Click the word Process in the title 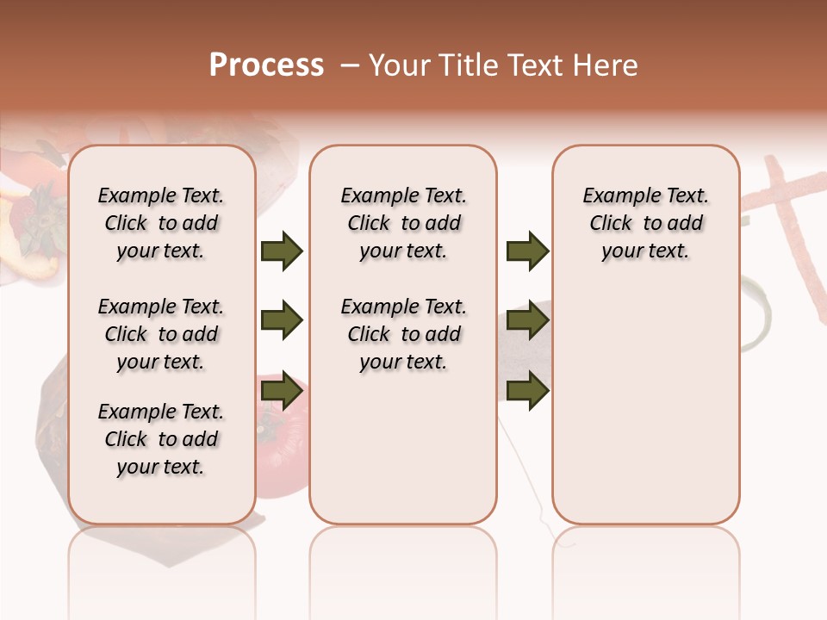coord(266,65)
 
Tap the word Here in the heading coord(605,65)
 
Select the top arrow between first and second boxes coord(282,251)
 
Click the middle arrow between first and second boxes coord(282,321)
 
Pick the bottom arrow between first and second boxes coord(282,391)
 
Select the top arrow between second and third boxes coord(527,251)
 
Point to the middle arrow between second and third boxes coord(527,321)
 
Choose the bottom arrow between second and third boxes coord(527,391)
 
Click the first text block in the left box coord(161,223)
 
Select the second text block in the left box coord(161,334)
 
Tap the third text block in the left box coord(161,439)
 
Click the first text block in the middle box coord(403,223)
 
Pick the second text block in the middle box coord(403,334)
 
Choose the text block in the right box coord(645,223)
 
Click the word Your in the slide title coord(400,65)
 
